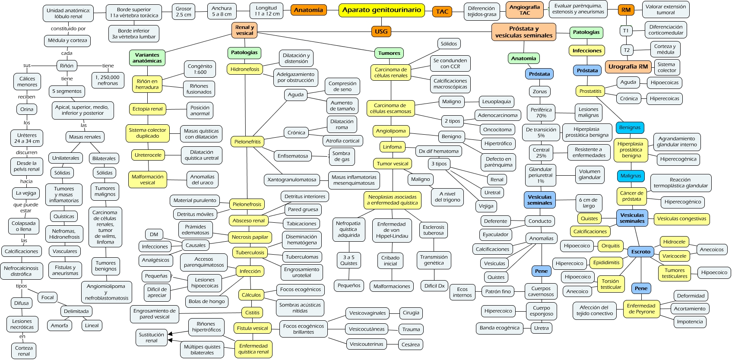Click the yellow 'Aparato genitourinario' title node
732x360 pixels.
click(381, 10)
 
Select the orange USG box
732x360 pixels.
click(381, 32)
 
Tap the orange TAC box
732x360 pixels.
click(442, 12)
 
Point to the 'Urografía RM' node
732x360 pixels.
click(628, 66)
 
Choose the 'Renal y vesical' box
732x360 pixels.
click(244, 30)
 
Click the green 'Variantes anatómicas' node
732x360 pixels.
click(147, 58)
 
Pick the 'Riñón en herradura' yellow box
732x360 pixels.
click(147, 84)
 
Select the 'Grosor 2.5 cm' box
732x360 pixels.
click(183, 12)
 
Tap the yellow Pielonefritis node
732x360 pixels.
click(247, 142)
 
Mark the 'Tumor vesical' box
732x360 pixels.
click(392, 164)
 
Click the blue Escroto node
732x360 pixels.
click(640, 252)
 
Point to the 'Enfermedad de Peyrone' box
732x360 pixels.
click(641, 309)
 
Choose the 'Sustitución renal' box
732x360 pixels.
click(151, 338)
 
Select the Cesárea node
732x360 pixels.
click(410, 344)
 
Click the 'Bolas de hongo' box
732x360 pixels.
click(206, 301)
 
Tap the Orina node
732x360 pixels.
click(27, 109)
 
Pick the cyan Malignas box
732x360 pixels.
click(631, 176)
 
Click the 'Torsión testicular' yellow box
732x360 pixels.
click(611, 284)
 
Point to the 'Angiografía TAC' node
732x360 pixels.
click(524, 10)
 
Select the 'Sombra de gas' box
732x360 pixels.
click(341, 156)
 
